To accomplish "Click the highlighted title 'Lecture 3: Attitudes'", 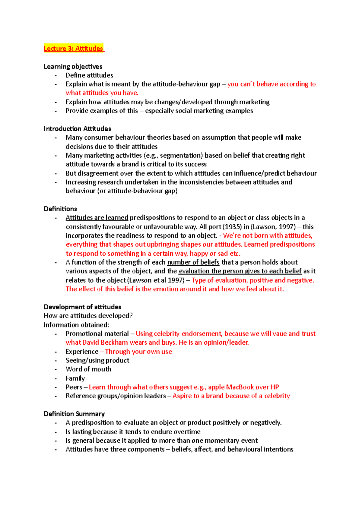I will (x=73, y=48).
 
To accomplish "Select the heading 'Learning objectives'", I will (x=73, y=66).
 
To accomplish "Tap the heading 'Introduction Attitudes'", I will (x=77, y=129).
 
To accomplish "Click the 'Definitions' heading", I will (x=60, y=209).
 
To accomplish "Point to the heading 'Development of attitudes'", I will (x=82, y=307).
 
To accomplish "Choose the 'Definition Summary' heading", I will (x=74, y=414).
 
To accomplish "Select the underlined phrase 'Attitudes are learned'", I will (x=97, y=218).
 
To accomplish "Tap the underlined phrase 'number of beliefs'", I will (x=193, y=262).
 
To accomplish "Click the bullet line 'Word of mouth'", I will (x=88, y=369).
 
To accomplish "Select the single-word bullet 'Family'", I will (x=75, y=378).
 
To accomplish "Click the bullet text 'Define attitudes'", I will (x=90, y=75).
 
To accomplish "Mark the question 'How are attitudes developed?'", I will (x=88, y=316).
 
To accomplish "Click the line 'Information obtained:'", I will (x=76, y=325).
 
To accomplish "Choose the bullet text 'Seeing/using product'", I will (x=97, y=360).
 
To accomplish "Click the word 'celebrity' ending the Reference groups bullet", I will (x=277, y=396).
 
